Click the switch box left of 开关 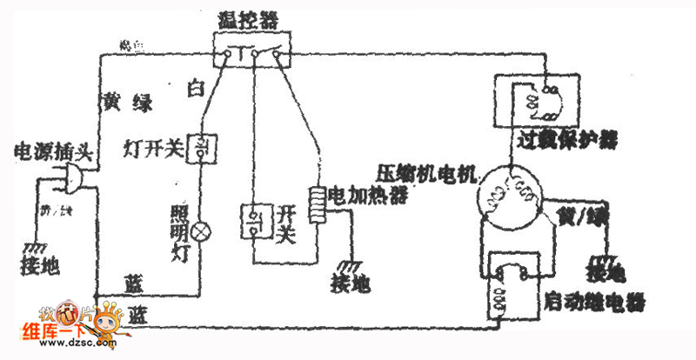pyautogui.click(x=258, y=221)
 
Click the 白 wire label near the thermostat pyautogui.click(x=197, y=89)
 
